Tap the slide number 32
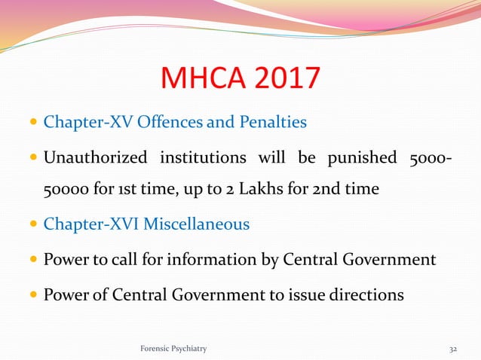click(x=453, y=349)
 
